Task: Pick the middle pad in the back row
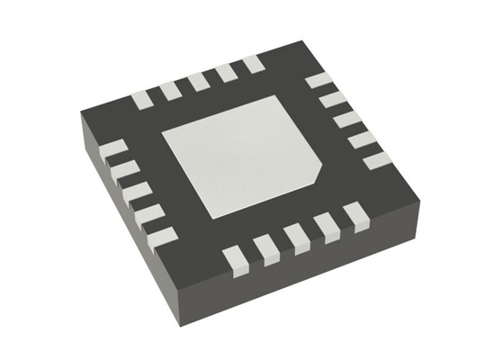[198, 80]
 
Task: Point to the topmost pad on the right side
[319, 80]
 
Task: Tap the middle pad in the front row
[296, 234]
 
